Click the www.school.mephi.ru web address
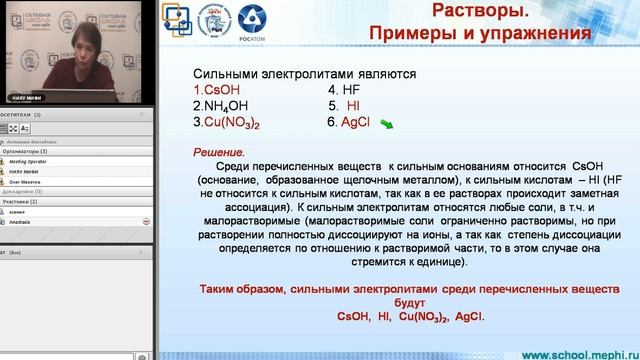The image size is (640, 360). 575,354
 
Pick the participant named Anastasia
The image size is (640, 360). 24,219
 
